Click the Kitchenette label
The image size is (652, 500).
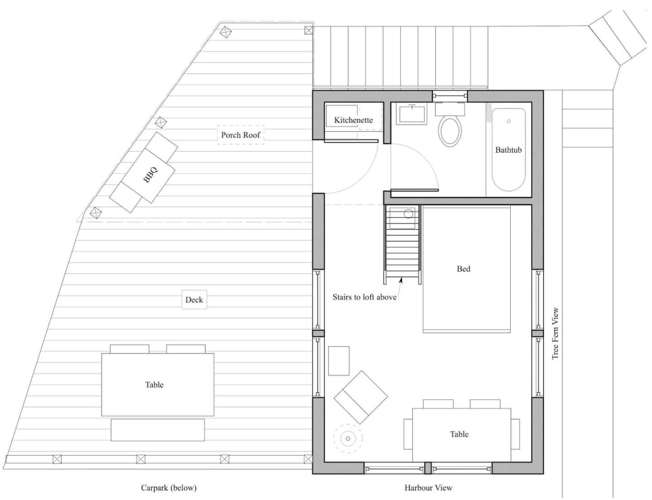click(354, 120)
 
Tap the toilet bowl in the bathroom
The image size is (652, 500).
click(450, 131)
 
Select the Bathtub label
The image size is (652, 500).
click(508, 150)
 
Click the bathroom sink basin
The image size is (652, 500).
click(412, 114)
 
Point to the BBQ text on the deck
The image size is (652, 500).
click(151, 174)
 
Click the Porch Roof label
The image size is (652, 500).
click(240, 135)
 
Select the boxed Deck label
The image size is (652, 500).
click(194, 299)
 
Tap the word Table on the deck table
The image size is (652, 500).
click(154, 385)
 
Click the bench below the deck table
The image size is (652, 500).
click(158, 430)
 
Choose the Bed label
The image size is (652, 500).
click(464, 269)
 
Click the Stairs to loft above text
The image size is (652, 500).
click(364, 297)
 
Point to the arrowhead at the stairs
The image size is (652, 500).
click(401, 280)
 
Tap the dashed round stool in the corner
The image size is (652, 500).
click(348, 438)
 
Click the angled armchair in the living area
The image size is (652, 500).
click(361, 397)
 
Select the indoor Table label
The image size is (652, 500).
click(459, 434)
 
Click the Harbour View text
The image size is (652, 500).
click(428, 488)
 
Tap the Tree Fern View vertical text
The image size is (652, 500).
click(555, 333)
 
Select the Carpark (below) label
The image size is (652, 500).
click(169, 488)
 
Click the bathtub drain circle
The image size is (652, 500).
click(508, 121)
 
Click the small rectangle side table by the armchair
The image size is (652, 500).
click(339, 361)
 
